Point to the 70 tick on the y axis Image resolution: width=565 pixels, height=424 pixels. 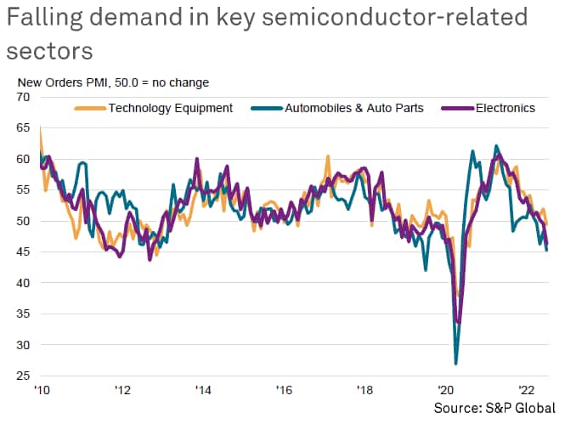(x=23, y=97)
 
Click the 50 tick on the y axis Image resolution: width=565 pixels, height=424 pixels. (x=23, y=221)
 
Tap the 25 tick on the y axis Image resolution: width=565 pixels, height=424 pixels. (x=23, y=376)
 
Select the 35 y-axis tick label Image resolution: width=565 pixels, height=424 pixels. (x=23, y=314)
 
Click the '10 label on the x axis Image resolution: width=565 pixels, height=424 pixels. (x=41, y=390)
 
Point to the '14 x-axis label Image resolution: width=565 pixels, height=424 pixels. (x=203, y=390)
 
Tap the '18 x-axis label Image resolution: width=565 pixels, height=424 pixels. (x=365, y=390)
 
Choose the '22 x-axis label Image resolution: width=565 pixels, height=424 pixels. (x=528, y=390)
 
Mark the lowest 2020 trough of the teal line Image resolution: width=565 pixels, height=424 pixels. (x=456, y=364)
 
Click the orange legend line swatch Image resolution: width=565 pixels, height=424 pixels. (x=90, y=108)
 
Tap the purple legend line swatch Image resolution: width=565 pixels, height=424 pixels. (x=460, y=108)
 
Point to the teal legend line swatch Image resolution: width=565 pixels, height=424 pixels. (x=265, y=108)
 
